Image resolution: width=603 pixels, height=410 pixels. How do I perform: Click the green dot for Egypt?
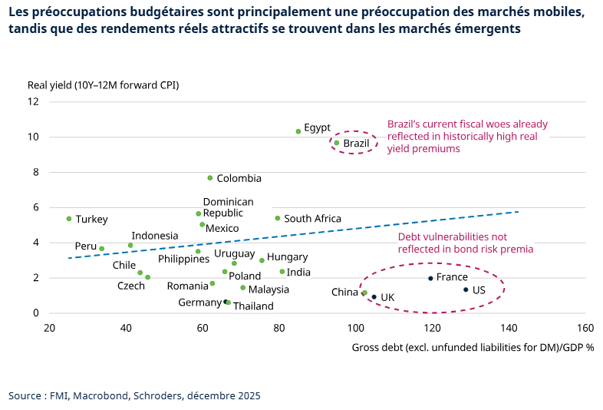coord(298,131)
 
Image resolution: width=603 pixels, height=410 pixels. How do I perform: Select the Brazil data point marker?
coord(337,143)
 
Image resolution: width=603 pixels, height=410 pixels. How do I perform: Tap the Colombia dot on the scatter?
coord(210,178)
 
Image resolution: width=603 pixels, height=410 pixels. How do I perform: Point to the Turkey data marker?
coord(69,219)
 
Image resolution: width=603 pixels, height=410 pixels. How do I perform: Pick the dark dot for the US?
coord(466,289)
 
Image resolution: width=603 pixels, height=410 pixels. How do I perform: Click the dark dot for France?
coord(430,278)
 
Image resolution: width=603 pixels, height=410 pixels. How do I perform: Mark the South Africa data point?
coord(278,218)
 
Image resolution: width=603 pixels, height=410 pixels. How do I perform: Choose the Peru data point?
coord(102,249)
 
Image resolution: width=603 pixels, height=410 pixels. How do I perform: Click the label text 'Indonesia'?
coord(155,236)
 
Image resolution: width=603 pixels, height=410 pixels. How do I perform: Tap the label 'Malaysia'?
coord(269,289)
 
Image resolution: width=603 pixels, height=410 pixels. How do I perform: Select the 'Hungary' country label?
coord(288,257)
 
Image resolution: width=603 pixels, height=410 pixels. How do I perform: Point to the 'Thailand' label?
coord(253,306)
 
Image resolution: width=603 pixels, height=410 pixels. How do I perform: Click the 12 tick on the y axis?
coord(34,101)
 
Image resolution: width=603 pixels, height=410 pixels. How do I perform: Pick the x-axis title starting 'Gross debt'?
coord(473,347)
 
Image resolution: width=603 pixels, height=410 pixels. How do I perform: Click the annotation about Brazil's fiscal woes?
coord(467,136)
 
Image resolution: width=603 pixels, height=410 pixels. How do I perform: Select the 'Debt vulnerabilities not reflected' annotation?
coord(465,243)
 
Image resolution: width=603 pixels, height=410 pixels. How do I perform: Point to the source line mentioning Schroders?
coord(134,396)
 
